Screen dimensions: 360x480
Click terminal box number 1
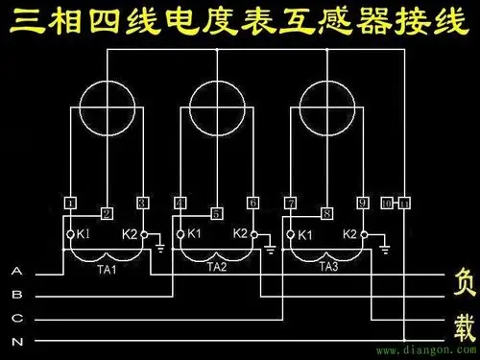[70, 203]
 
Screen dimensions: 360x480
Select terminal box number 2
[107, 212]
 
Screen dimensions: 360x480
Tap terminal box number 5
[216, 212]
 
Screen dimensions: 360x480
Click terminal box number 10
[387, 203]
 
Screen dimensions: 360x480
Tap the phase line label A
[16, 272]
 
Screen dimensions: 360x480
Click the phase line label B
[16, 295]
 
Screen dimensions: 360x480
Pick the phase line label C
[16, 318]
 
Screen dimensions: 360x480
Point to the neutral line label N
[16, 341]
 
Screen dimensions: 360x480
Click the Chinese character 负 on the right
[464, 283]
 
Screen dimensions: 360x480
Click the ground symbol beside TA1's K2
[159, 248]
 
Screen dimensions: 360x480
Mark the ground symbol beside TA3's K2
[383, 248]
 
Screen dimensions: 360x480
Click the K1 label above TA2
[193, 233]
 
